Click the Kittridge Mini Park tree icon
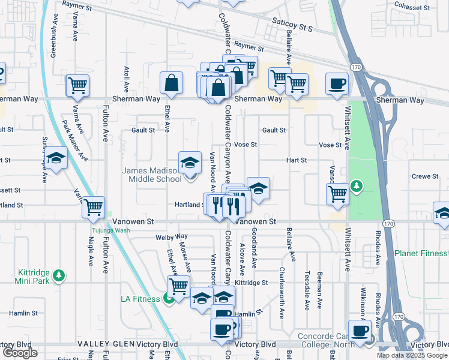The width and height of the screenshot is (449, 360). (58, 275)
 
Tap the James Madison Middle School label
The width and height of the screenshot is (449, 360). (152, 175)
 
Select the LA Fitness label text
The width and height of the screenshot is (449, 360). (142, 298)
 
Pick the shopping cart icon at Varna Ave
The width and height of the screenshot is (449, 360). (77, 86)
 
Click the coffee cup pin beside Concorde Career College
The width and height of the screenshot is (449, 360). (360, 330)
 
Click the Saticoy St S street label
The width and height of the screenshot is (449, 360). (294, 28)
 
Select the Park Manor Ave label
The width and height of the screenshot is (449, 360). (74, 141)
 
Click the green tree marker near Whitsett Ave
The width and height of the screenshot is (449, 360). (357, 186)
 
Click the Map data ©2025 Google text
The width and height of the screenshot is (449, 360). (412, 355)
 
